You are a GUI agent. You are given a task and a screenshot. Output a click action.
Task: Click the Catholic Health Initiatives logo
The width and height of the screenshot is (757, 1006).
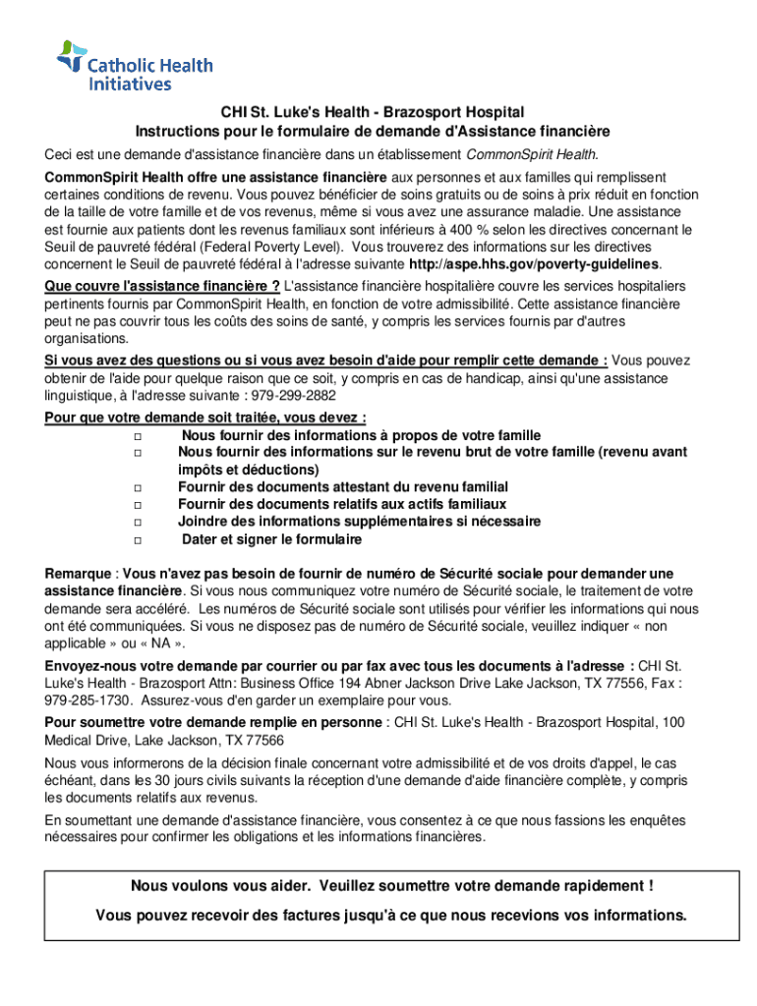click(x=134, y=67)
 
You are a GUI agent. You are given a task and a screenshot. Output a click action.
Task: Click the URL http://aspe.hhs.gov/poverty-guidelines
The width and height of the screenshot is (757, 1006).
click(x=533, y=265)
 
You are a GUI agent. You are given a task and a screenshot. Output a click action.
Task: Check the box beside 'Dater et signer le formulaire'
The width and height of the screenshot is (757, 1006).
click(x=138, y=540)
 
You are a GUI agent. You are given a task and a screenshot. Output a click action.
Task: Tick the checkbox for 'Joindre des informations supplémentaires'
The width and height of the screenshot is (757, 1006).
click(x=138, y=523)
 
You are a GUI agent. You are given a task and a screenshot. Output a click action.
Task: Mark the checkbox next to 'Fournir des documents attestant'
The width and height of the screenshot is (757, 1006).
click(x=138, y=487)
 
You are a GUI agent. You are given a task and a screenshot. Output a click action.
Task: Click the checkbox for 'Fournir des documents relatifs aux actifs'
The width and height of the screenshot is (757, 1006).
click(x=138, y=505)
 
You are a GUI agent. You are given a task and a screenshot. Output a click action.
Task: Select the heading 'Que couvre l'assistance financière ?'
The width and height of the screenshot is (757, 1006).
click(x=162, y=286)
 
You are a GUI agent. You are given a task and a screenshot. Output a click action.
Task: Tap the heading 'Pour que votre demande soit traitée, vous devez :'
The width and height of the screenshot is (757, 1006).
click(x=205, y=418)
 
